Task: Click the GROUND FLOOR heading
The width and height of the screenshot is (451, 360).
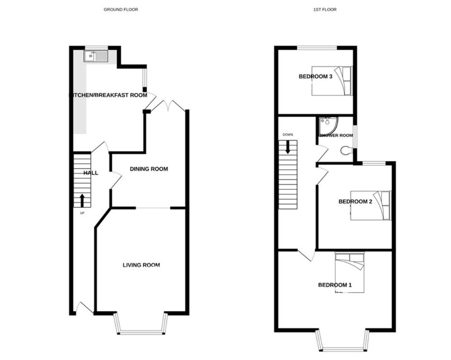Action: (121, 9)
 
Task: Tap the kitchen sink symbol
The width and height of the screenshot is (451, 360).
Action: (96, 56)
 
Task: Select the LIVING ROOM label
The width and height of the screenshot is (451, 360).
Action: (141, 265)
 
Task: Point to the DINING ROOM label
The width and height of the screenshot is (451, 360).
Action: (149, 169)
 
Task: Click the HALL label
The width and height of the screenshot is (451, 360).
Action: (90, 173)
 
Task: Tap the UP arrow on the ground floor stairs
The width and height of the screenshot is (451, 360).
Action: (82, 200)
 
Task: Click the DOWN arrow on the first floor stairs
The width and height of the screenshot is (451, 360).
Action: (287, 147)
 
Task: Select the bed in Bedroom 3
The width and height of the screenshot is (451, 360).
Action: (332, 81)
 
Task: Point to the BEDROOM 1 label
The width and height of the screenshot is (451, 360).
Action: (334, 285)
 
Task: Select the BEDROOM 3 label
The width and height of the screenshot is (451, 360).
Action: (315, 76)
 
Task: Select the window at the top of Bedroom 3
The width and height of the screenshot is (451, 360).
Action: (317, 47)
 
